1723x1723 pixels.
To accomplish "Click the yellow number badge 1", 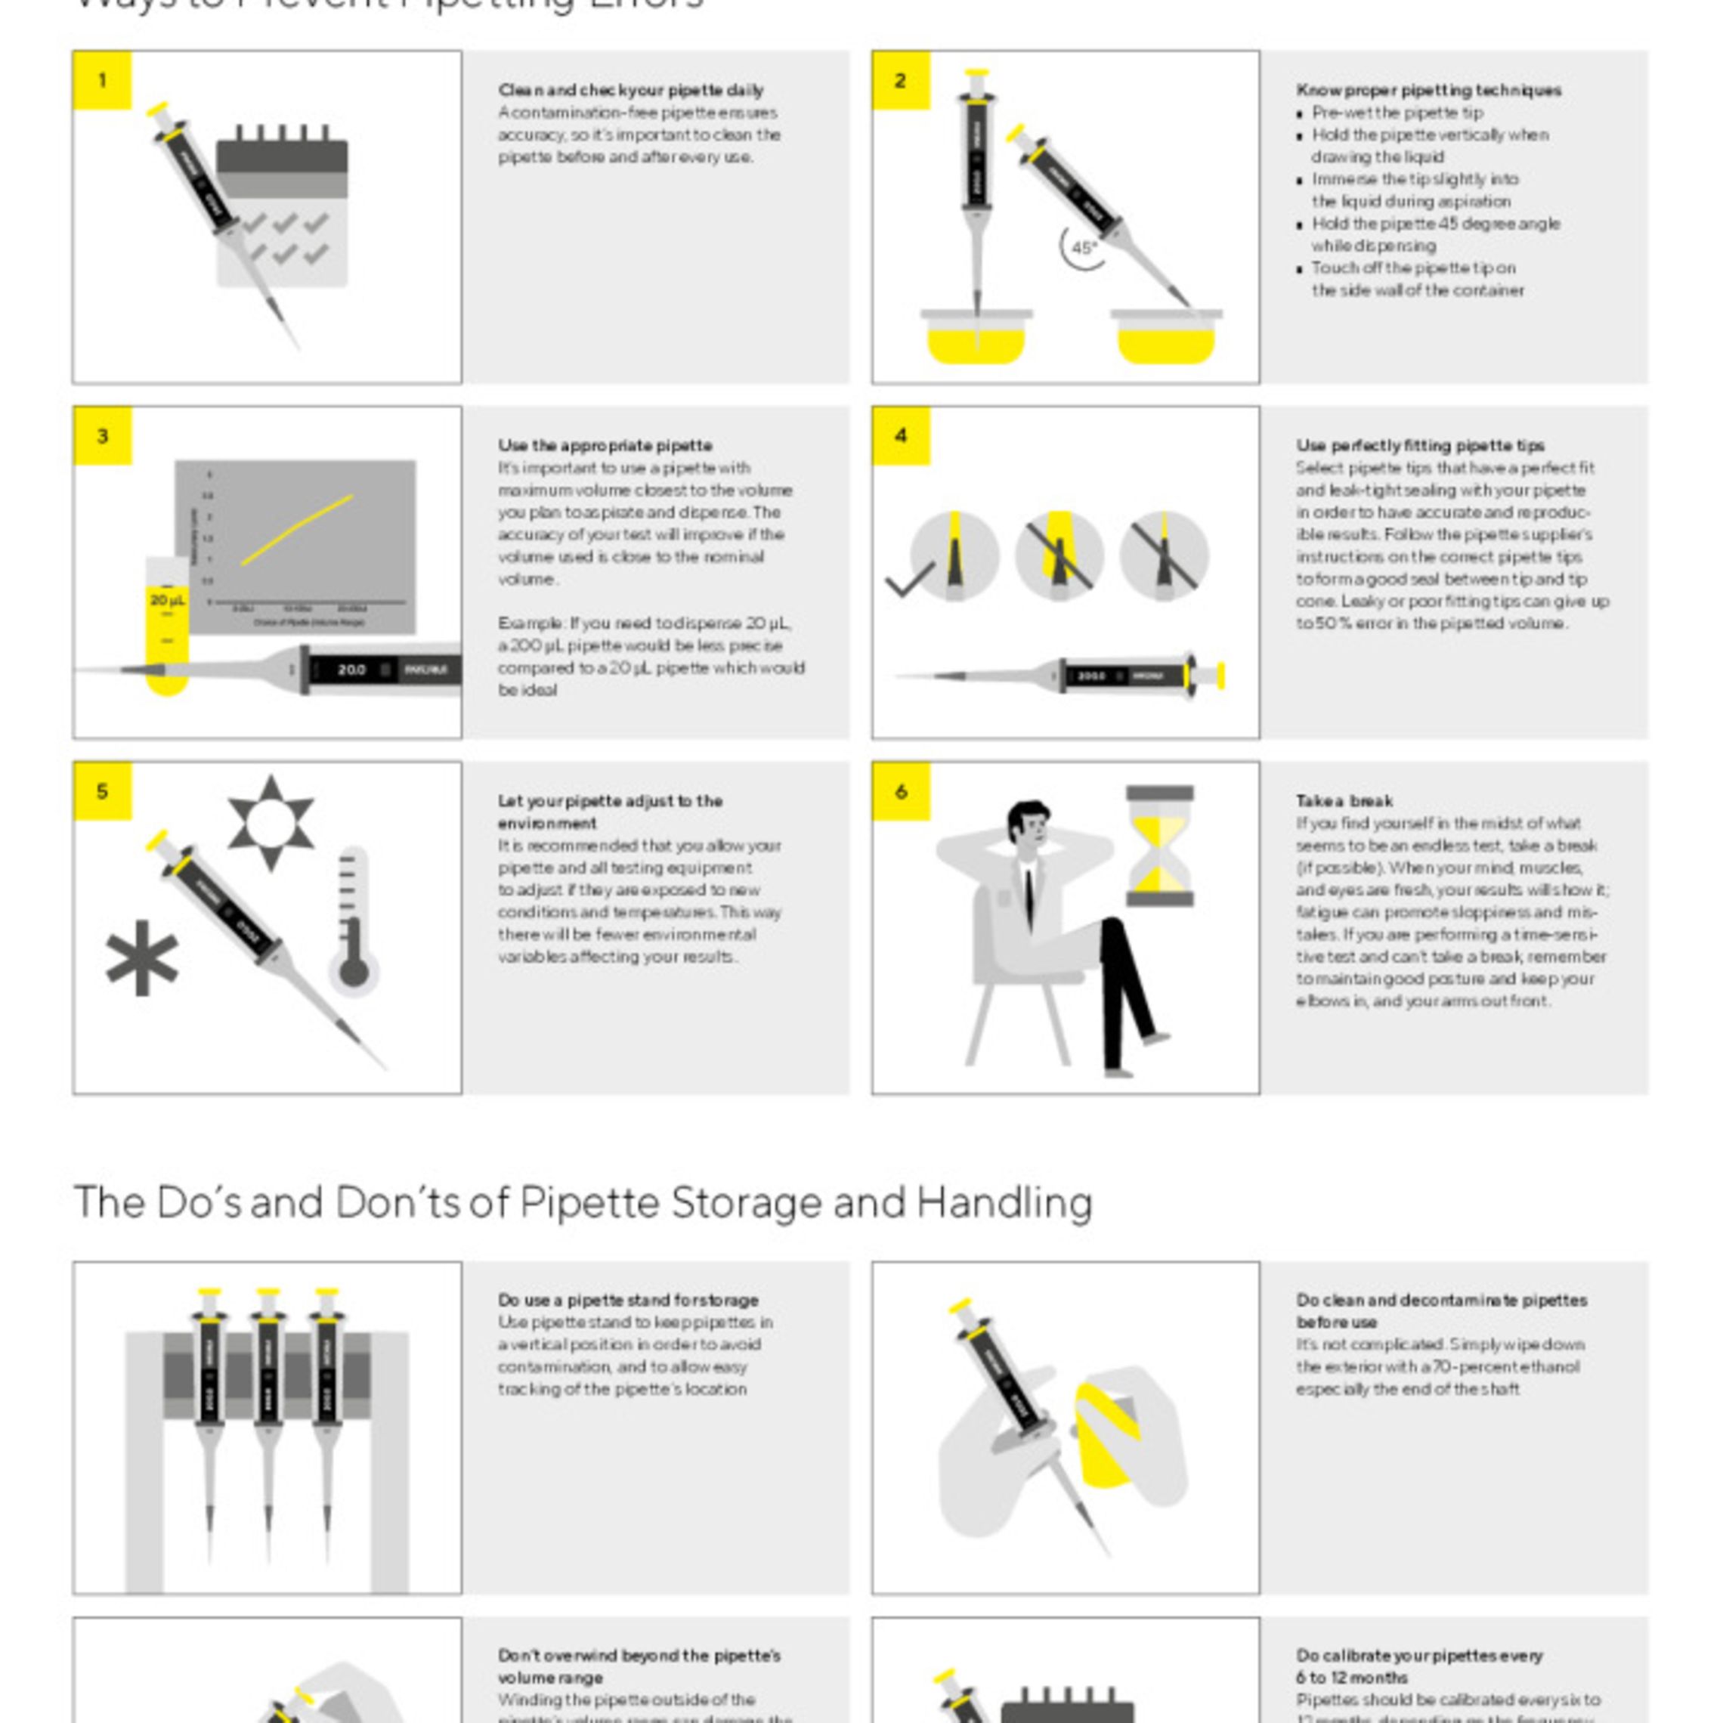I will coord(102,81).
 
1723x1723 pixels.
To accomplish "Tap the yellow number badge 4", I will coord(901,436).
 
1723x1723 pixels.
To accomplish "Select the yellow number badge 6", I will coord(901,791).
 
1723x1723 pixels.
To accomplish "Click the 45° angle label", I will coord(1084,248).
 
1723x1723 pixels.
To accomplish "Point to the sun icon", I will coord(271,822).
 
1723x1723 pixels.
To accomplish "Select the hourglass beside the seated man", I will coord(1158,846).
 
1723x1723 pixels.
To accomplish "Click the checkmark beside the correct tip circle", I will coord(909,579).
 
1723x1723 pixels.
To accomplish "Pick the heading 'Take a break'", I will coord(1344,801).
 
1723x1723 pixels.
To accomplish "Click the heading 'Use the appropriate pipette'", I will coord(605,445).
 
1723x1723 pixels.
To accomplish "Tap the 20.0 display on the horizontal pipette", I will coord(351,669).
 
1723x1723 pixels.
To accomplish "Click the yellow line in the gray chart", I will coord(297,530).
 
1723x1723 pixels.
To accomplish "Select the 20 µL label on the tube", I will coord(167,600).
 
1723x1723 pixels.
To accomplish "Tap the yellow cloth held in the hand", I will coord(1106,1435).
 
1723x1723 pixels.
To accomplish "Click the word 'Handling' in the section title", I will coord(1004,1202).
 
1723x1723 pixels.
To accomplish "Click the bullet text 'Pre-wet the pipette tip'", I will coord(1397,113).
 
